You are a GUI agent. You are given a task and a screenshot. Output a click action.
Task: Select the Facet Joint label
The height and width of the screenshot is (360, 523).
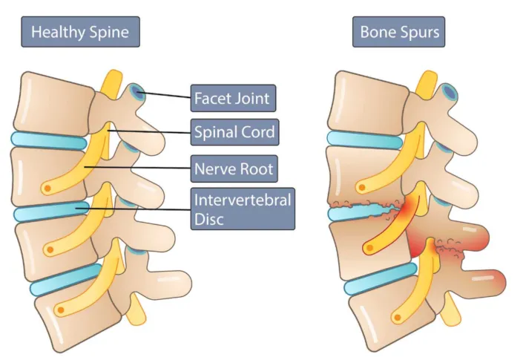pyautogui.click(x=231, y=98)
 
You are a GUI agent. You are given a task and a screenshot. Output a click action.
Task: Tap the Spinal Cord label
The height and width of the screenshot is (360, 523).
pyautogui.click(x=234, y=133)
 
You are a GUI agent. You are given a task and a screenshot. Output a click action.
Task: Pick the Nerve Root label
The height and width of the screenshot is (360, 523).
pyautogui.click(x=233, y=168)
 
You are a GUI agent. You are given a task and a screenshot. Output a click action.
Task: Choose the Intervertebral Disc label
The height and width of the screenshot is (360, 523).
pyautogui.click(x=243, y=209)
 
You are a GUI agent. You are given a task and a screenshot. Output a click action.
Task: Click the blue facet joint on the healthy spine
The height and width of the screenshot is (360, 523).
pyautogui.click(x=136, y=92)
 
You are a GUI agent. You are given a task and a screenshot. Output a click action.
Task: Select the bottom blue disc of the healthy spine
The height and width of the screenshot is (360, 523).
pyautogui.click(x=63, y=278)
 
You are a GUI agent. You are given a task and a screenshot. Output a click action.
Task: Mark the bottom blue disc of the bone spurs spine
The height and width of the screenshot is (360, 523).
pyautogui.click(x=378, y=278)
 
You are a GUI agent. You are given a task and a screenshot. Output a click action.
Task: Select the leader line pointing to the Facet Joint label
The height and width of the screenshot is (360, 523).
pyautogui.click(x=165, y=95)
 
